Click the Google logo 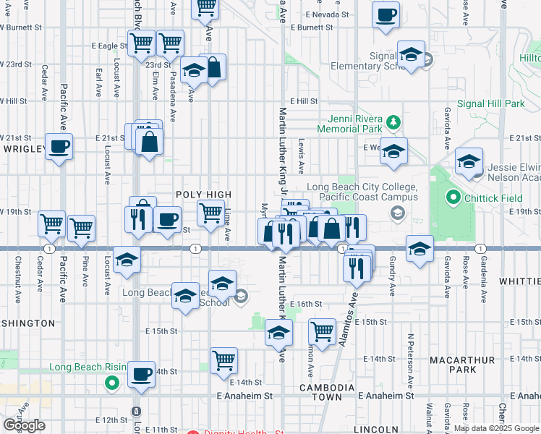tap(23, 425)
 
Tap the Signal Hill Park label tap(495, 104)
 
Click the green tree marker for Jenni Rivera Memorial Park tap(393, 122)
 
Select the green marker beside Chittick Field tap(453, 197)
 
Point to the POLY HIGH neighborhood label tap(204, 195)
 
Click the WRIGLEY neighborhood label tap(25, 148)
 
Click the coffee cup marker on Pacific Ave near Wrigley tap(59, 147)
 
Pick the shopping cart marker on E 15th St tap(323, 332)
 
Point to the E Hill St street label tap(304, 102)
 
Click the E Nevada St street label tap(327, 14)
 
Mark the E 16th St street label tap(305, 305)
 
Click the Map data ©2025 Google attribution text tap(495, 428)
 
